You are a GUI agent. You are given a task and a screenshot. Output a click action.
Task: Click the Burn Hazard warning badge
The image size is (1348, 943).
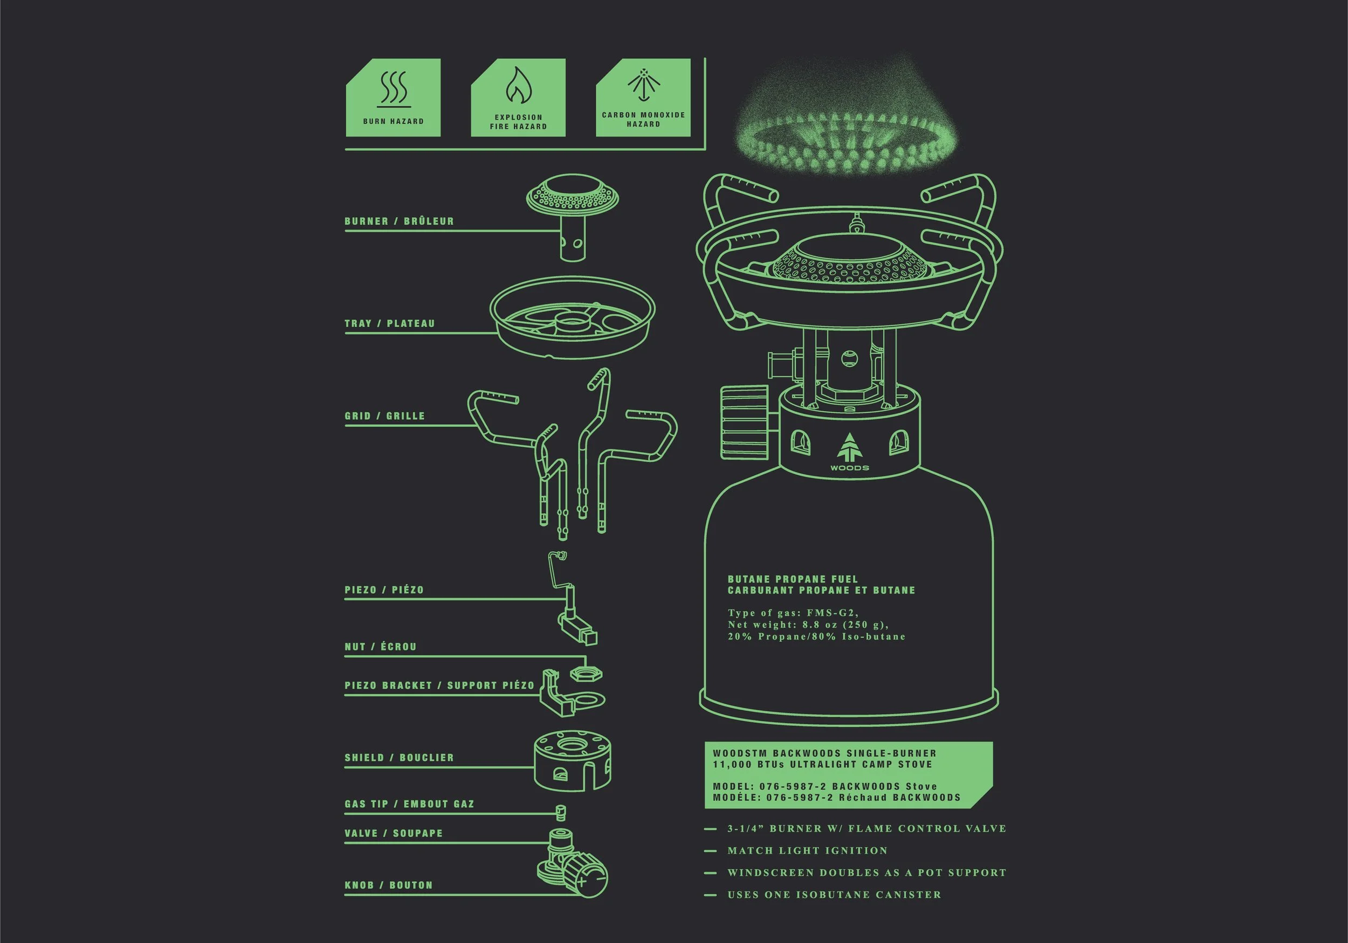pos(393,98)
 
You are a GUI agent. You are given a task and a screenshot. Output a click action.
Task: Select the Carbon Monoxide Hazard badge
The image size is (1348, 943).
pos(643,98)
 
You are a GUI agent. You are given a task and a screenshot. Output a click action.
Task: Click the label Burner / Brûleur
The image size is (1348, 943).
pos(399,221)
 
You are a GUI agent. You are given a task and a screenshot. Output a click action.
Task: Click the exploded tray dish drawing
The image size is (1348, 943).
pos(573,317)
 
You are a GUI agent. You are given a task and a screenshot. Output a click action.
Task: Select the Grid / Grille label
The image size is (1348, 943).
pos(384,416)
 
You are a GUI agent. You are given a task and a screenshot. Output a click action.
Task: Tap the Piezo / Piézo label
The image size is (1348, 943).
pos(384,590)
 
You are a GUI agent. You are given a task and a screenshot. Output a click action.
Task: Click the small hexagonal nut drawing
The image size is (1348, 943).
pos(586,674)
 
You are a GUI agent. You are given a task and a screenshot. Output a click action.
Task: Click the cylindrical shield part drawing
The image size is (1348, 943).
pos(573,760)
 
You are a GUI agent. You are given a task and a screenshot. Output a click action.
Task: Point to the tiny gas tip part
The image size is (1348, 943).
pos(561,812)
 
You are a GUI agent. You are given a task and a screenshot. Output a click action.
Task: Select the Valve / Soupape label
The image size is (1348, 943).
pos(394,833)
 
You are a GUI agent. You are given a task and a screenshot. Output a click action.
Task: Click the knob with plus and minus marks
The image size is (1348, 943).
pos(588,879)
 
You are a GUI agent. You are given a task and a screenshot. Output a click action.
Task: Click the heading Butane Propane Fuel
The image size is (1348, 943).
pos(793,579)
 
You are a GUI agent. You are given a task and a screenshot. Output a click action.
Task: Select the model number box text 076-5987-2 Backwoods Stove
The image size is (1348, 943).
pos(848,786)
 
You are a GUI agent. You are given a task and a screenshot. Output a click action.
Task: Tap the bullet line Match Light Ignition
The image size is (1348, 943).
pos(807,850)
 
